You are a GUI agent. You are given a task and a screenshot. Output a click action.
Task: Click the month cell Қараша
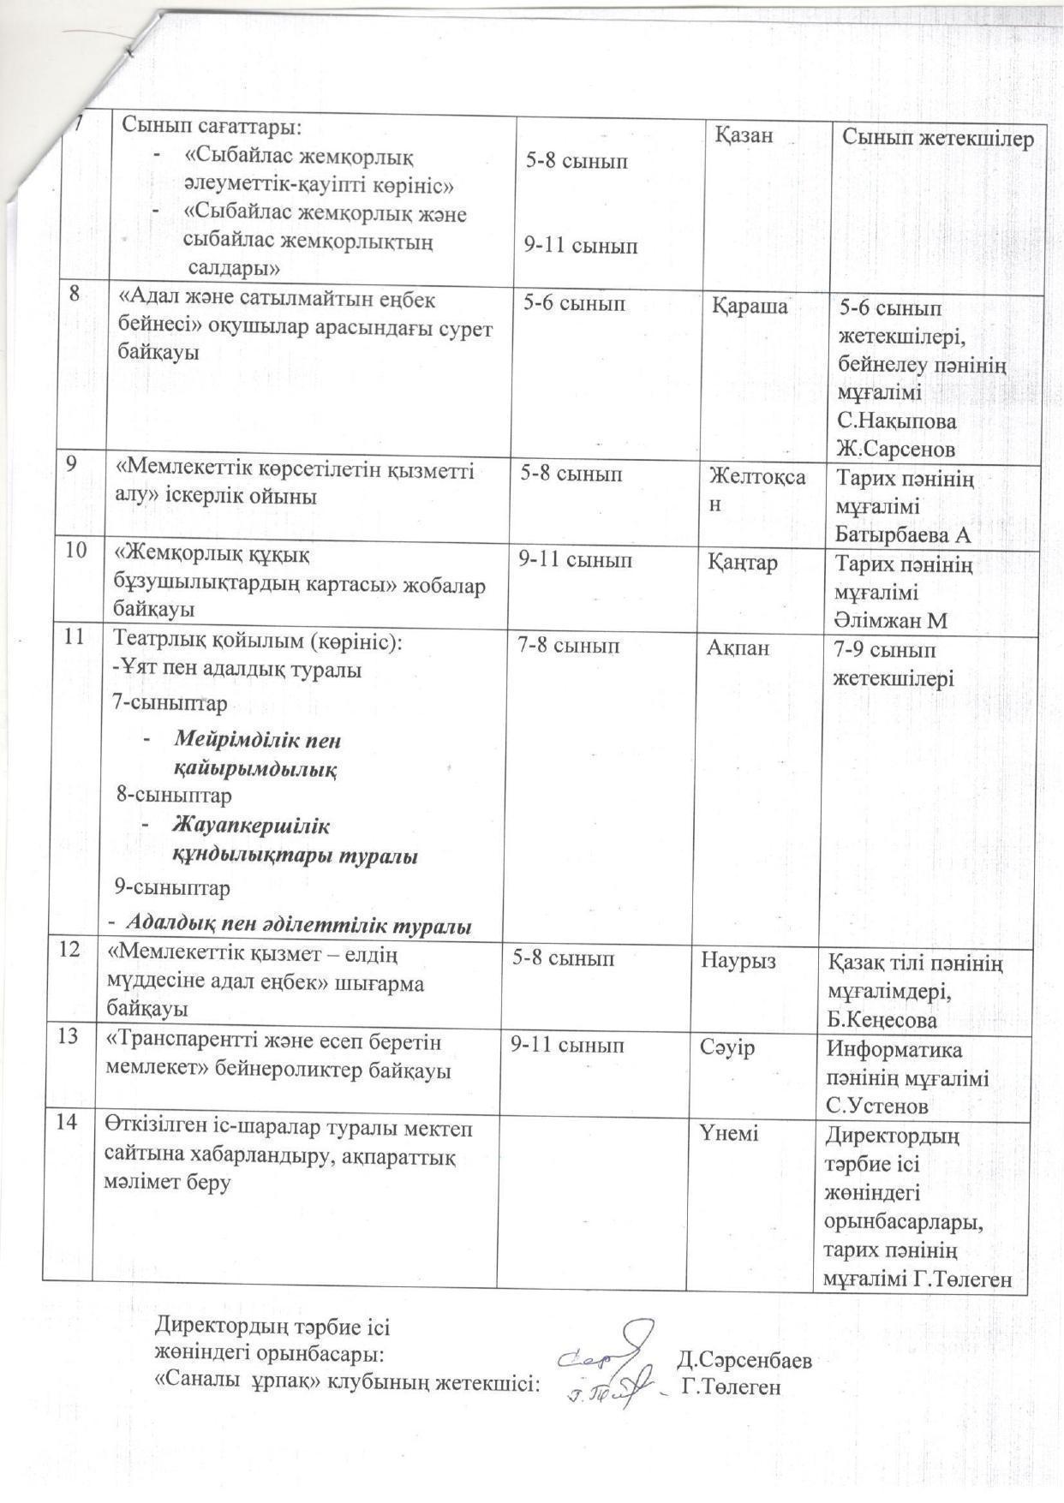[x=750, y=306]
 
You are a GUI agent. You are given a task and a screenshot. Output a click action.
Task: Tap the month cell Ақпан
[x=738, y=649]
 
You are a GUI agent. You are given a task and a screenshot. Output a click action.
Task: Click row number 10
[x=76, y=551]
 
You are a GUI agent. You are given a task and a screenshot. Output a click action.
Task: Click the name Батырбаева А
[x=902, y=535]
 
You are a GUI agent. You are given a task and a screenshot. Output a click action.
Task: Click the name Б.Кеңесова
[x=882, y=1020]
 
